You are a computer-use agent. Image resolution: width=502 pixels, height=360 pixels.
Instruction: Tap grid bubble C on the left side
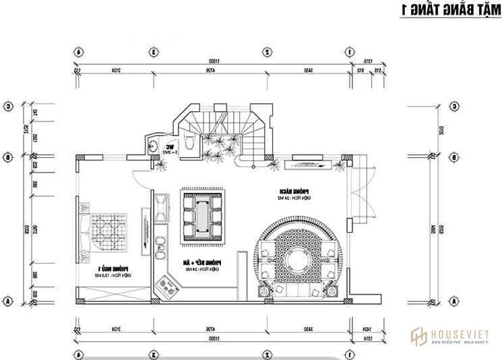point(9,106)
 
